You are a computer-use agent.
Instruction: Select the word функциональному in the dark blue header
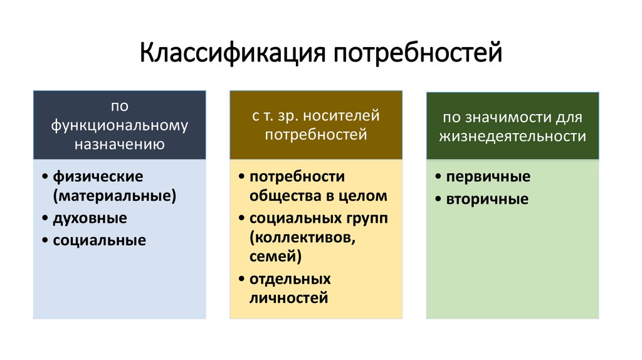(x=120, y=125)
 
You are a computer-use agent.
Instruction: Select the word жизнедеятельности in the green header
(x=513, y=136)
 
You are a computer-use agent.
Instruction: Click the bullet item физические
(x=98, y=176)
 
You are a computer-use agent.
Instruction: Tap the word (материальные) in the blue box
(x=114, y=196)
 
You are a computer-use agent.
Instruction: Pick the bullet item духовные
(x=90, y=218)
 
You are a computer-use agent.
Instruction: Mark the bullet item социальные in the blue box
(x=99, y=240)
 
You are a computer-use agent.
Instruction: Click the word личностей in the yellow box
(x=288, y=298)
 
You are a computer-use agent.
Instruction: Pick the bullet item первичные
(x=488, y=177)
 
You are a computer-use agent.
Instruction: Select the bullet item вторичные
(x=487, y=199)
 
